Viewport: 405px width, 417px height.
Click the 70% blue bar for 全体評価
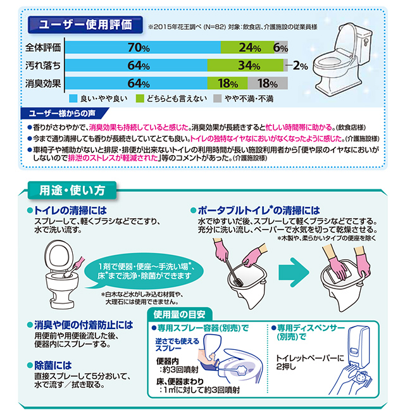coord(143,47)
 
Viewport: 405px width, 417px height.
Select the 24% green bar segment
coord(247,47)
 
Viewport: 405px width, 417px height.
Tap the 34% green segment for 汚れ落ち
coord(246,65)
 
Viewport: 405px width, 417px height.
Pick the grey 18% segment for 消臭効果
coord(268,84)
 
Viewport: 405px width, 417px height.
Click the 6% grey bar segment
coord(281,47)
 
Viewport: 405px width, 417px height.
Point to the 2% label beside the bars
coord(300,66)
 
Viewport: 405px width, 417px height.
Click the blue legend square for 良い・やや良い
coord(73,99)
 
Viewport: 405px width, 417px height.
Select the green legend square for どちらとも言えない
coord(140,99)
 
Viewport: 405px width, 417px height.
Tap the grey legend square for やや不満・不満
coord(217,99)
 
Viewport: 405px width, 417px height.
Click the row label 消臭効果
coord(43,84)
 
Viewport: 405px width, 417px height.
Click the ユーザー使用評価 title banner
coord(85,25)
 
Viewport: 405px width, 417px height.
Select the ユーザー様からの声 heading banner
coord(64,113)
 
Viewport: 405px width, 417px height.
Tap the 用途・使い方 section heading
coord(72,190)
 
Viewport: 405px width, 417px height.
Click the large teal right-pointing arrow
coord(294,272)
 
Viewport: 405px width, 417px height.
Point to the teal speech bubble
coord(144,271)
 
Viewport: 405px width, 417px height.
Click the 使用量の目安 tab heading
coord(180,314)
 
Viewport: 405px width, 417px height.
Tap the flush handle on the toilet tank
coord(366,42)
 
